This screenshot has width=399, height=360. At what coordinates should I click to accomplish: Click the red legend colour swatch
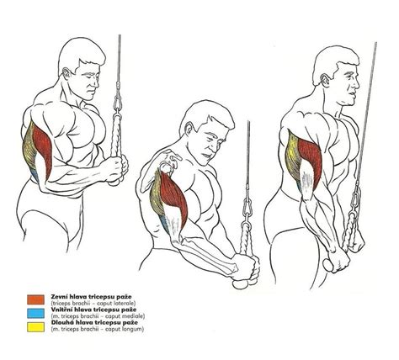pyautogui.click(x=35, y=299)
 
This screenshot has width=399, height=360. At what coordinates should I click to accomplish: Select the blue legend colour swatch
pyautogui.click(x=35, y=313)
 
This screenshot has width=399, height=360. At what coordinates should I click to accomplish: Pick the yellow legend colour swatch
pyautogui.click(x=35, y=327)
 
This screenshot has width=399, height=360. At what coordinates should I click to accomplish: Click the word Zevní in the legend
pyautogui.click(x=59, y=296)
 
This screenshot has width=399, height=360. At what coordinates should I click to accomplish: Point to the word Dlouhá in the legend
pyautogui.click(x=61, y=322)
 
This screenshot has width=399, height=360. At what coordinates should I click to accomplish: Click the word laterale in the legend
pyautogui.click(x=125, y=303)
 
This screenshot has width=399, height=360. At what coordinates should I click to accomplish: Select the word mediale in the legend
pyautogui.click(x=134, y=316)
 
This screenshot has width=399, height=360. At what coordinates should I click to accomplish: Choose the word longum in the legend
pyautogui.click(x=133, y=329)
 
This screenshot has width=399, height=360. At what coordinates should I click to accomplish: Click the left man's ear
pyautogui.click(x=67, y=74)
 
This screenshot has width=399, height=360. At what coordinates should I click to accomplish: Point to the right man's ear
pyautogui.click(x=326, y=80)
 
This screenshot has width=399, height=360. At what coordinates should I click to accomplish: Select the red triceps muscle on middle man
pyautogui.click(x=174, y=196)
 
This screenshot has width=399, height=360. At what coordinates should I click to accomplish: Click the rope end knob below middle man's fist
pyautogui.click(x=241, y=284)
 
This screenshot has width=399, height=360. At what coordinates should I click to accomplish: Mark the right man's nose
pyautogui.click(x=357, y=84)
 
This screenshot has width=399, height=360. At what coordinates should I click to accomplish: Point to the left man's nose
pyautogui.click(x=97, y=82)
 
